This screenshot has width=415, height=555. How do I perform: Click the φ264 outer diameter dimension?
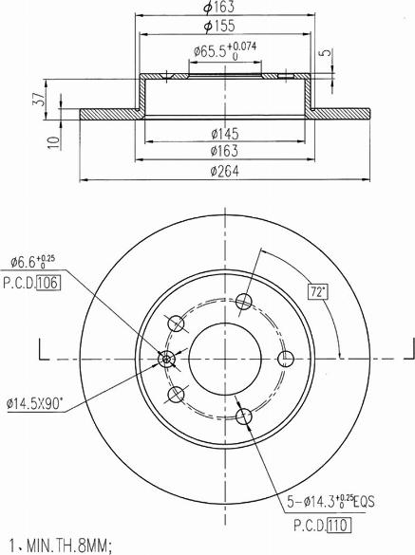point(224,171)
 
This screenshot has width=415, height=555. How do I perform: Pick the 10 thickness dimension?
point(53,142)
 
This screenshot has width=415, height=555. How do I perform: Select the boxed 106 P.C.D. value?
point(48,282)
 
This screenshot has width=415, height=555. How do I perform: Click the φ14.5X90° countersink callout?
point(35,403)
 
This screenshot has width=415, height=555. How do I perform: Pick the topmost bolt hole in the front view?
point(244,302)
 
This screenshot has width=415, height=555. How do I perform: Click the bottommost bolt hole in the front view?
point(244,415)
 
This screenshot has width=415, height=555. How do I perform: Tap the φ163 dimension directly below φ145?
point(224,151)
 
